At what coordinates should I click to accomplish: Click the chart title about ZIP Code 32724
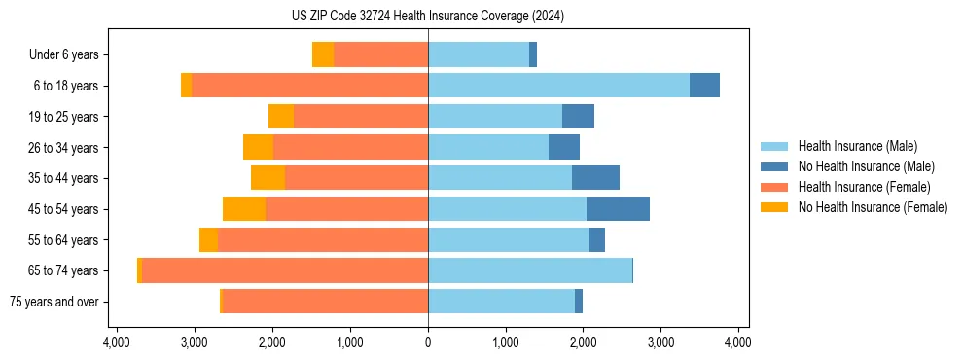pyautogui.click(x=427, y=17)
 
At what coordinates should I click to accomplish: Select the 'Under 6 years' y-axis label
pyautogui.click(x=63, y=55)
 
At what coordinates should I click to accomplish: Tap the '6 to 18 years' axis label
pyautogui.click(x=65, y=86)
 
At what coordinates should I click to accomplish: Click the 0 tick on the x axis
pyautogui.click(x=428, y=342)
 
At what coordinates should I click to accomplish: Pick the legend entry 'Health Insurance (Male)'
pyautogui.click(x=857, y=147)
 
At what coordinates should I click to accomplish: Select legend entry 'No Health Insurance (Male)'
pyautogui.click(x=866, y=167)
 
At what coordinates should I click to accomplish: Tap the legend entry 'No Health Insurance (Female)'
pyautogui.click(x=872, y=207)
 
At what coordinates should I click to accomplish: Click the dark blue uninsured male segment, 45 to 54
pyautogui.click(x=618, y=209)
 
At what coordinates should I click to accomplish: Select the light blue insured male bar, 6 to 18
pyautogui.click(x=558, y=86)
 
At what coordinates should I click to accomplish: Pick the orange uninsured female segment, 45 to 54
pyautogui.click(x=244, y=209)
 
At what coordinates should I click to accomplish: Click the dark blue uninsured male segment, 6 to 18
pyautogui.click(x=704, y=86)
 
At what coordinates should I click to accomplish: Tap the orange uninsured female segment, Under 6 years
pyautogui.click(x=323, y=55)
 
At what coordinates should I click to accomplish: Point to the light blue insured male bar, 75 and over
pyautogui.click(x=501, y=302)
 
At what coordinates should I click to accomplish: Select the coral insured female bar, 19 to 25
pyautogui.click(x=361, y=117)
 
